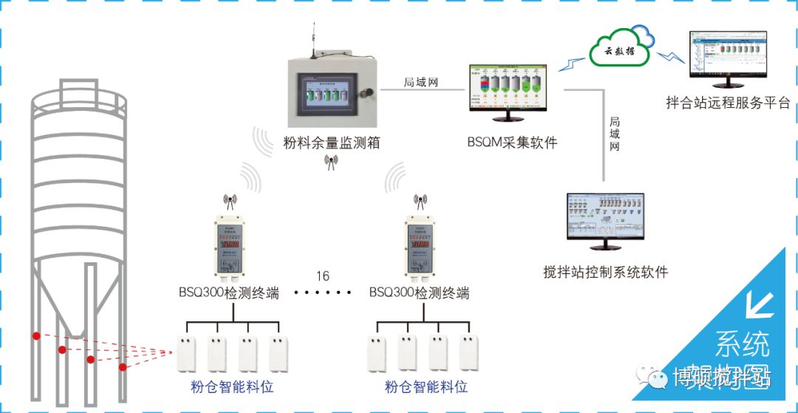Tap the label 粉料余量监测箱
(x=332, y=143)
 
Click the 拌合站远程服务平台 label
(x=728, y=103)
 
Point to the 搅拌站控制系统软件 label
(x=605, y=272)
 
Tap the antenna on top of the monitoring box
(x=315, y=41)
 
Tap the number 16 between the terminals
(x=323, y=276)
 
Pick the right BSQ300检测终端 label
(x=419, y=293)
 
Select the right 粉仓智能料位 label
(x=426, y=386)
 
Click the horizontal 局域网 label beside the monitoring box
(x=421, y=82)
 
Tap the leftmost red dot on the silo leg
(x=35, y=336)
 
